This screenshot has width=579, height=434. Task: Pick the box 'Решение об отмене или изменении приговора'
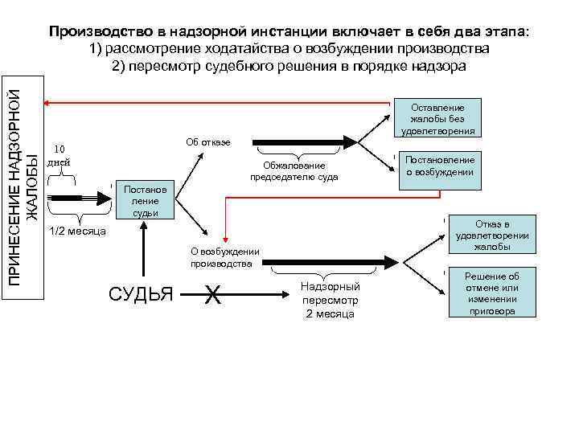[491, 293]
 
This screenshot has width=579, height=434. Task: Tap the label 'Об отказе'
[207, 142]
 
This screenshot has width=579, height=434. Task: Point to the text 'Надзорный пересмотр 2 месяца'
[331, 301]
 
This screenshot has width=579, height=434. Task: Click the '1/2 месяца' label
[78, 231]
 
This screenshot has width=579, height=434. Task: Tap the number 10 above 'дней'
[59, 149]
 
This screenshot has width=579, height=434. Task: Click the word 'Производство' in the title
[100, 31]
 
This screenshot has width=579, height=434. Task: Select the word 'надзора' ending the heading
[439, 65]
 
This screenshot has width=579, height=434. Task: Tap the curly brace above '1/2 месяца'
[78, 218]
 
